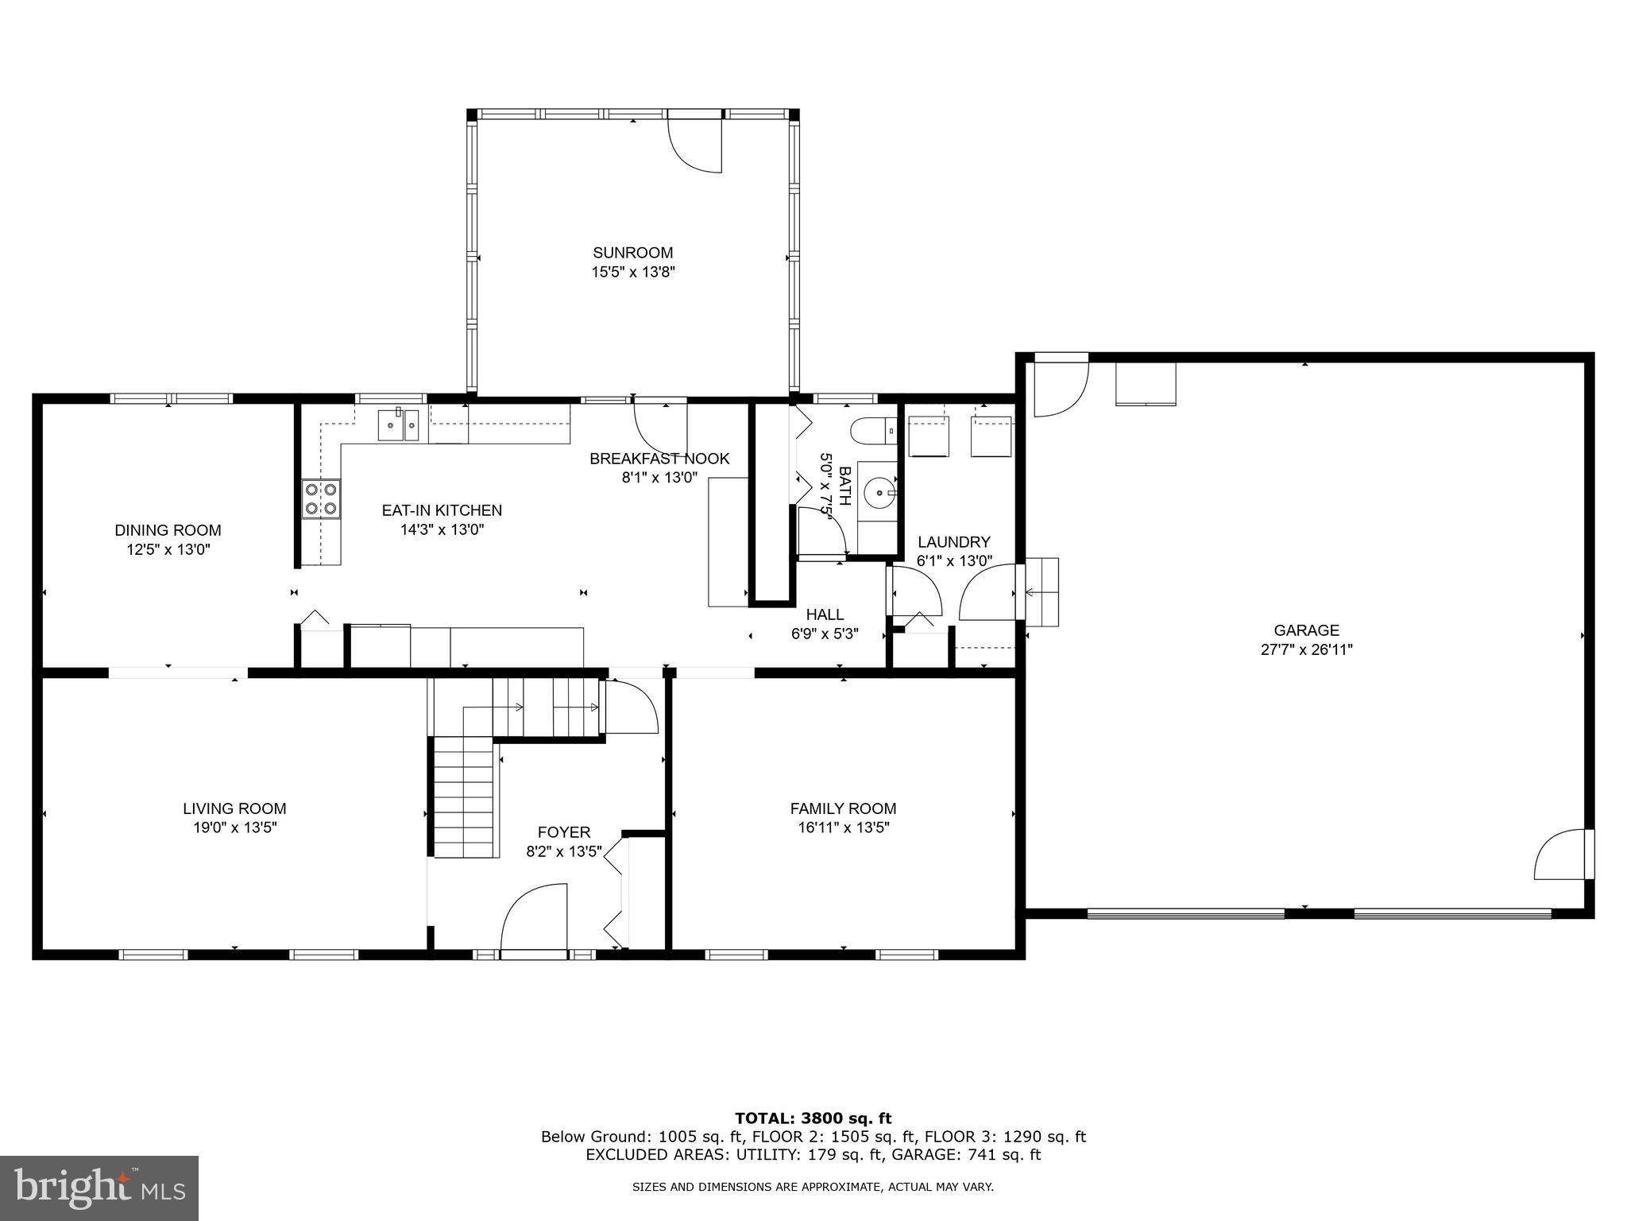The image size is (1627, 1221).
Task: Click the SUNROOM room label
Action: coord(632,253)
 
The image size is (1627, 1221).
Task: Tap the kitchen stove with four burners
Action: coord(321,499)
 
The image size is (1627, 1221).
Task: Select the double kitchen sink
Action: coord(399,424)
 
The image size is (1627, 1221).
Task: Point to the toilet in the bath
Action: coord(871,431)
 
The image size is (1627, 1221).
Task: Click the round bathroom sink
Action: coord(879,493)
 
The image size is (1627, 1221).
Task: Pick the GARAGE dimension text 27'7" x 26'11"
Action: coord(1306,649)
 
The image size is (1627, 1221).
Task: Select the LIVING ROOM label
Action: coord(234,808)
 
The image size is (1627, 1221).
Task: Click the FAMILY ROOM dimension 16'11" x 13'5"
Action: coord(843,828)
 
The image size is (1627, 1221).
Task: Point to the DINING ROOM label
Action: coord(168,530)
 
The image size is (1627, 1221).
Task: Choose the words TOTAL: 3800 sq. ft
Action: coord(813,1119)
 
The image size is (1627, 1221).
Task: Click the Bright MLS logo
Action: coord(99,1188)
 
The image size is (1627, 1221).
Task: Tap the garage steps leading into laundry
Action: coord(1042,592)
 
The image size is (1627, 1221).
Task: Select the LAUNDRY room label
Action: coord(953,542)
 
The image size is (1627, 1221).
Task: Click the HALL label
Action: coord(825,614)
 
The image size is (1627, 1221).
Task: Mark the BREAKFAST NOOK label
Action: coord(659,459)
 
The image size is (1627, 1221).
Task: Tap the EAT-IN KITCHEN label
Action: coord(442,510)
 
